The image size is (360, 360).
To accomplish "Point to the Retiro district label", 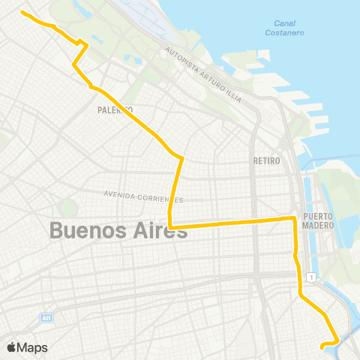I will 266,161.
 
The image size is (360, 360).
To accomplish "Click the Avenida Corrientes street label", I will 142,196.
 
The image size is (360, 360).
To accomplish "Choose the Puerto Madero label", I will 317,222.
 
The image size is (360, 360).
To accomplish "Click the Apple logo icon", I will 12,347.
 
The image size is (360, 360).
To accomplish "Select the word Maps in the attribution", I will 33,347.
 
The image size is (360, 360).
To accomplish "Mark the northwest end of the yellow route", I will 21,13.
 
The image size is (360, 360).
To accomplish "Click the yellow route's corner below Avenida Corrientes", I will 170,226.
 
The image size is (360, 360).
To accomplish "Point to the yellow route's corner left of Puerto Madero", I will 292,218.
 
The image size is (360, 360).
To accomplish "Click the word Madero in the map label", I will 317,226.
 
